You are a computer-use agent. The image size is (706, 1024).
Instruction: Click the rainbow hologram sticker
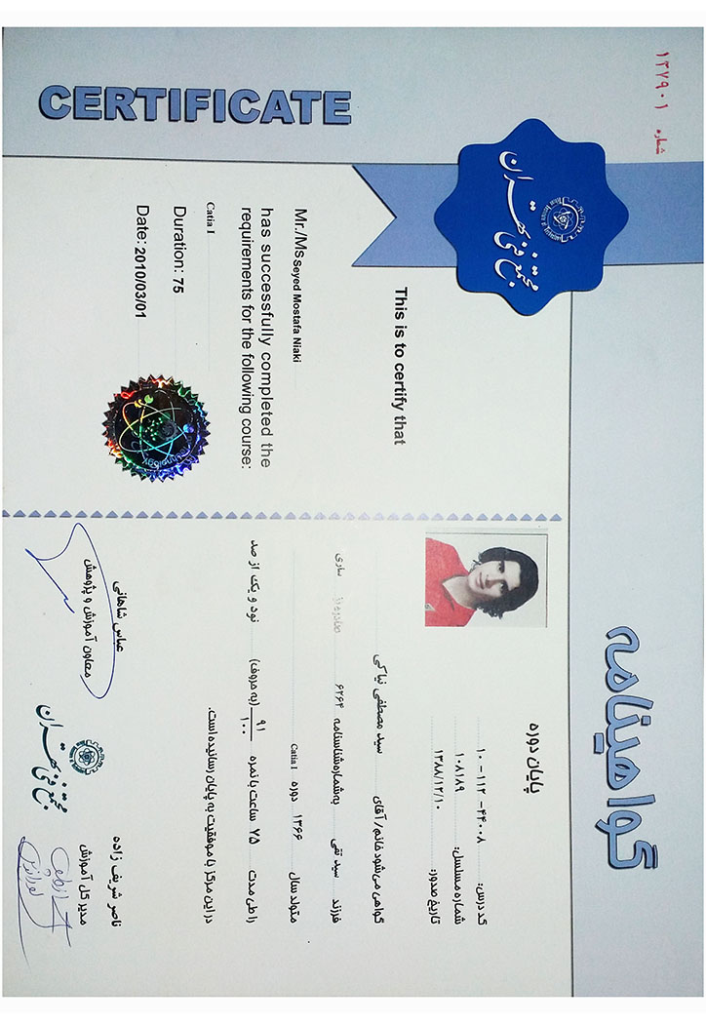click(156, 428)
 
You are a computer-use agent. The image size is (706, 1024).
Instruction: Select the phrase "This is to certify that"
click(398, 366)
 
